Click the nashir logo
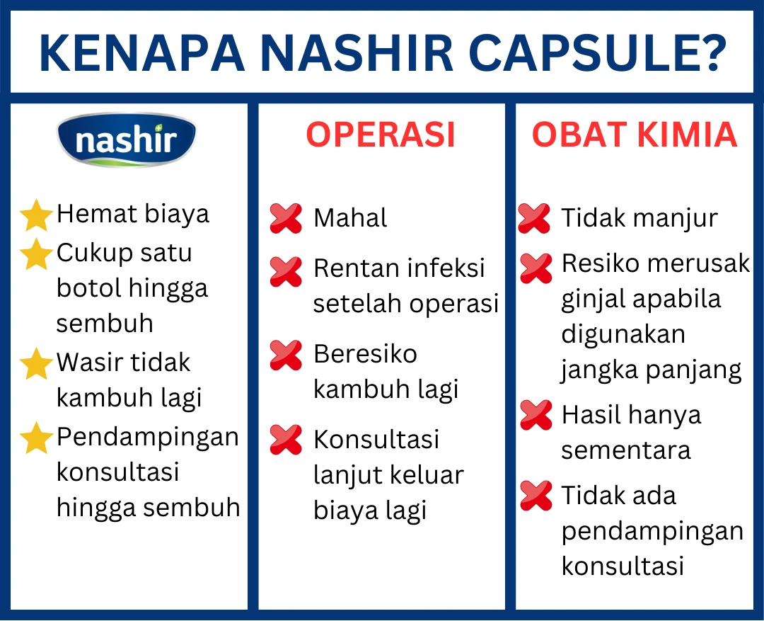(x=126, y=140)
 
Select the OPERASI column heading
(x=381, y=135)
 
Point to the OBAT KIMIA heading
(x=635, y=135)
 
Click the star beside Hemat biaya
(x=36, y=215)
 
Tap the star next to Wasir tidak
(x=36, y=364)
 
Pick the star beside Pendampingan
(x=36, y=438)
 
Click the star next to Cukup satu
(x=36, y=254)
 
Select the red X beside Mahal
(x=286, y=219)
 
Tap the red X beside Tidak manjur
(x=535, y=219)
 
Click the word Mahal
(x=350, y=219)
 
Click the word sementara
(x=626, y=450)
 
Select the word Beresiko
(x=365, y=354)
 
